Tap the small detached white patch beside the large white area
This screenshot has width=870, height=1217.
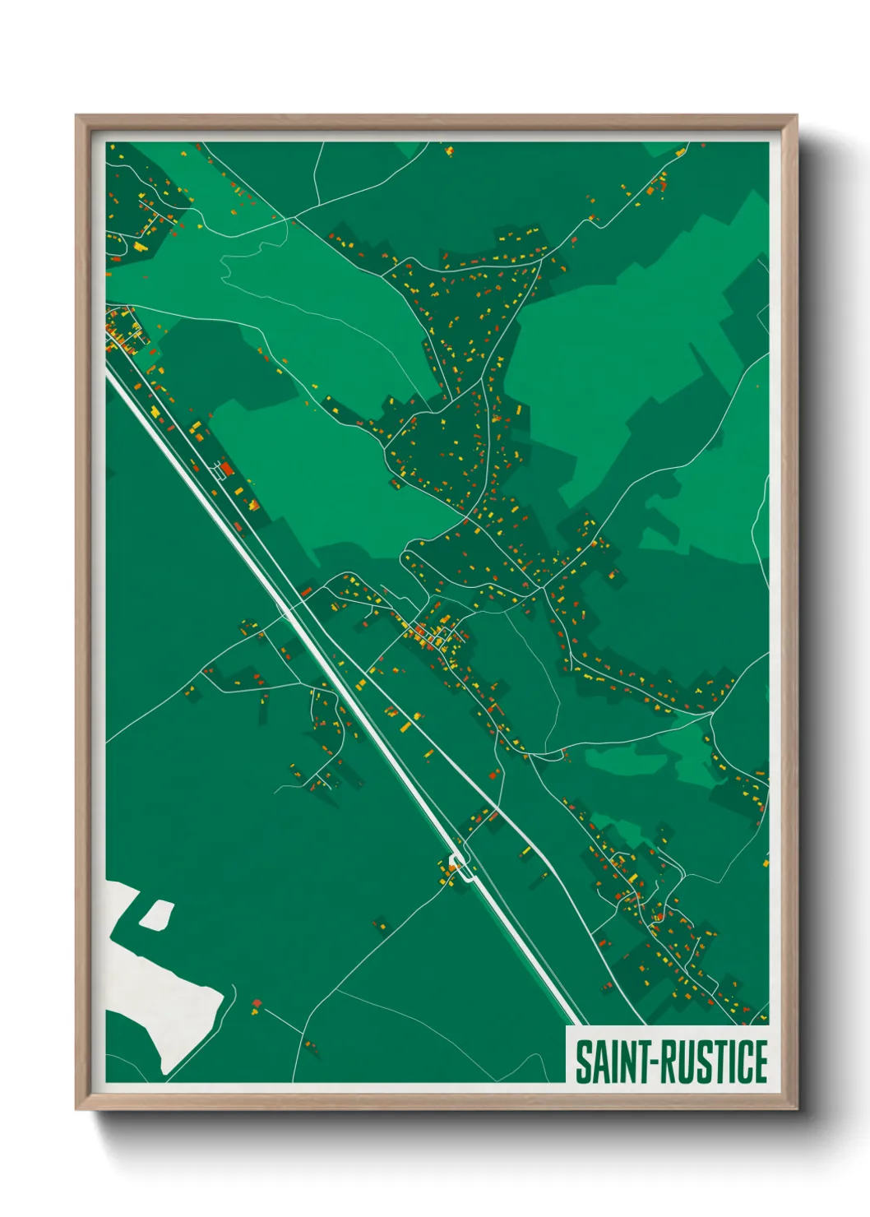[156, 914]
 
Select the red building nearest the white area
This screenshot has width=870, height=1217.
[256, 1004]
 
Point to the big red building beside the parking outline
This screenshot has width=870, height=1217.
[228, 469]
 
